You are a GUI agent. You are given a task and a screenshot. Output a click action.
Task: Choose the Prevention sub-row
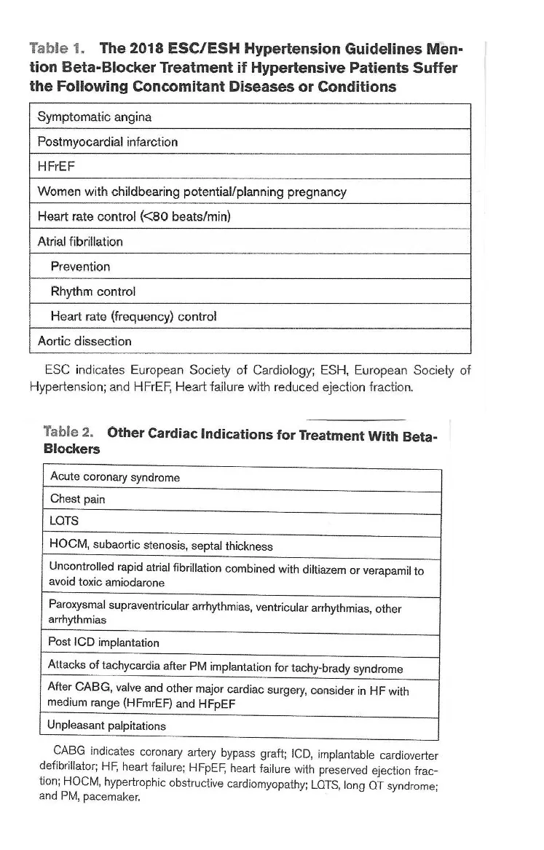tap(80, 267)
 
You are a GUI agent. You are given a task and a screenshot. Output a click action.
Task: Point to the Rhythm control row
tap(93, 291)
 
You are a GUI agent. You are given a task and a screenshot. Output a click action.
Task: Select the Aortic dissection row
tap(84, 341)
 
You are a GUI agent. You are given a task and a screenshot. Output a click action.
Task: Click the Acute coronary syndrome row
tap(114, 478)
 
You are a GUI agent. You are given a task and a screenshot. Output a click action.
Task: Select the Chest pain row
tap(76, 500)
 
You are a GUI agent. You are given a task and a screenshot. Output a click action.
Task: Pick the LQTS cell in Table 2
tap(64, 522)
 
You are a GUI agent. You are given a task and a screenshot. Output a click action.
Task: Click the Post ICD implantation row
tap(103, 643)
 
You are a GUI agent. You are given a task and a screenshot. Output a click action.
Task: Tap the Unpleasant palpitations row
tap(106, 725)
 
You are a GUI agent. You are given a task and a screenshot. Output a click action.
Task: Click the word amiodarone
tap(136, 583)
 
